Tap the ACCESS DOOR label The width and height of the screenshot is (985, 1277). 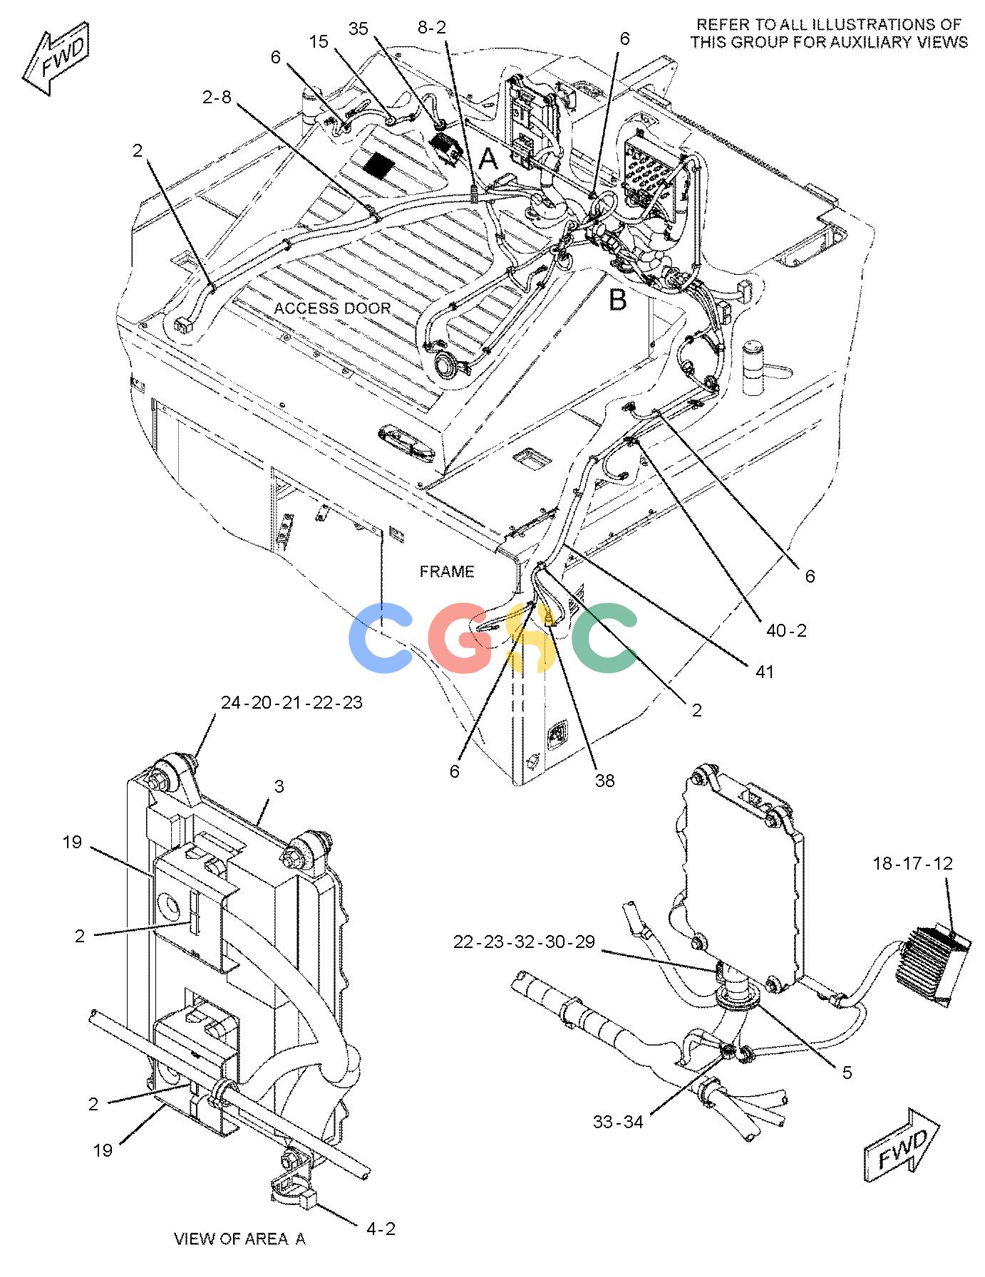coord(332,308)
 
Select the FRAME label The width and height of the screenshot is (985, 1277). coord(447,571)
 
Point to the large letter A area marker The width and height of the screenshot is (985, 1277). coord(488,159)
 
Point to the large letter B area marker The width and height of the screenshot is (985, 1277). coord(617,301)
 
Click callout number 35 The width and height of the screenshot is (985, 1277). coord(359,28)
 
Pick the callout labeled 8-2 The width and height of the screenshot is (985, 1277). coord(431,28)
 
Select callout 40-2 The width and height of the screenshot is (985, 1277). coord(786,630)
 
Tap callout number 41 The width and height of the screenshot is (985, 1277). coord(764,671)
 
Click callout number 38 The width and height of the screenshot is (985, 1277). coord(604,781)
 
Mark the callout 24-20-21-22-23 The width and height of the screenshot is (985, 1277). coord(292,702)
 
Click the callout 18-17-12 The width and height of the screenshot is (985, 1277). coord(912,863)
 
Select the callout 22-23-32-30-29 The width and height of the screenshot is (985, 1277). coord(524,942)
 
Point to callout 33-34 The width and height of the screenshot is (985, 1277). coord(618,1122)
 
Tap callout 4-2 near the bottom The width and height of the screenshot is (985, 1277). coord(381,1229)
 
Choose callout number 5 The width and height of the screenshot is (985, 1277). coord(847,1073)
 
